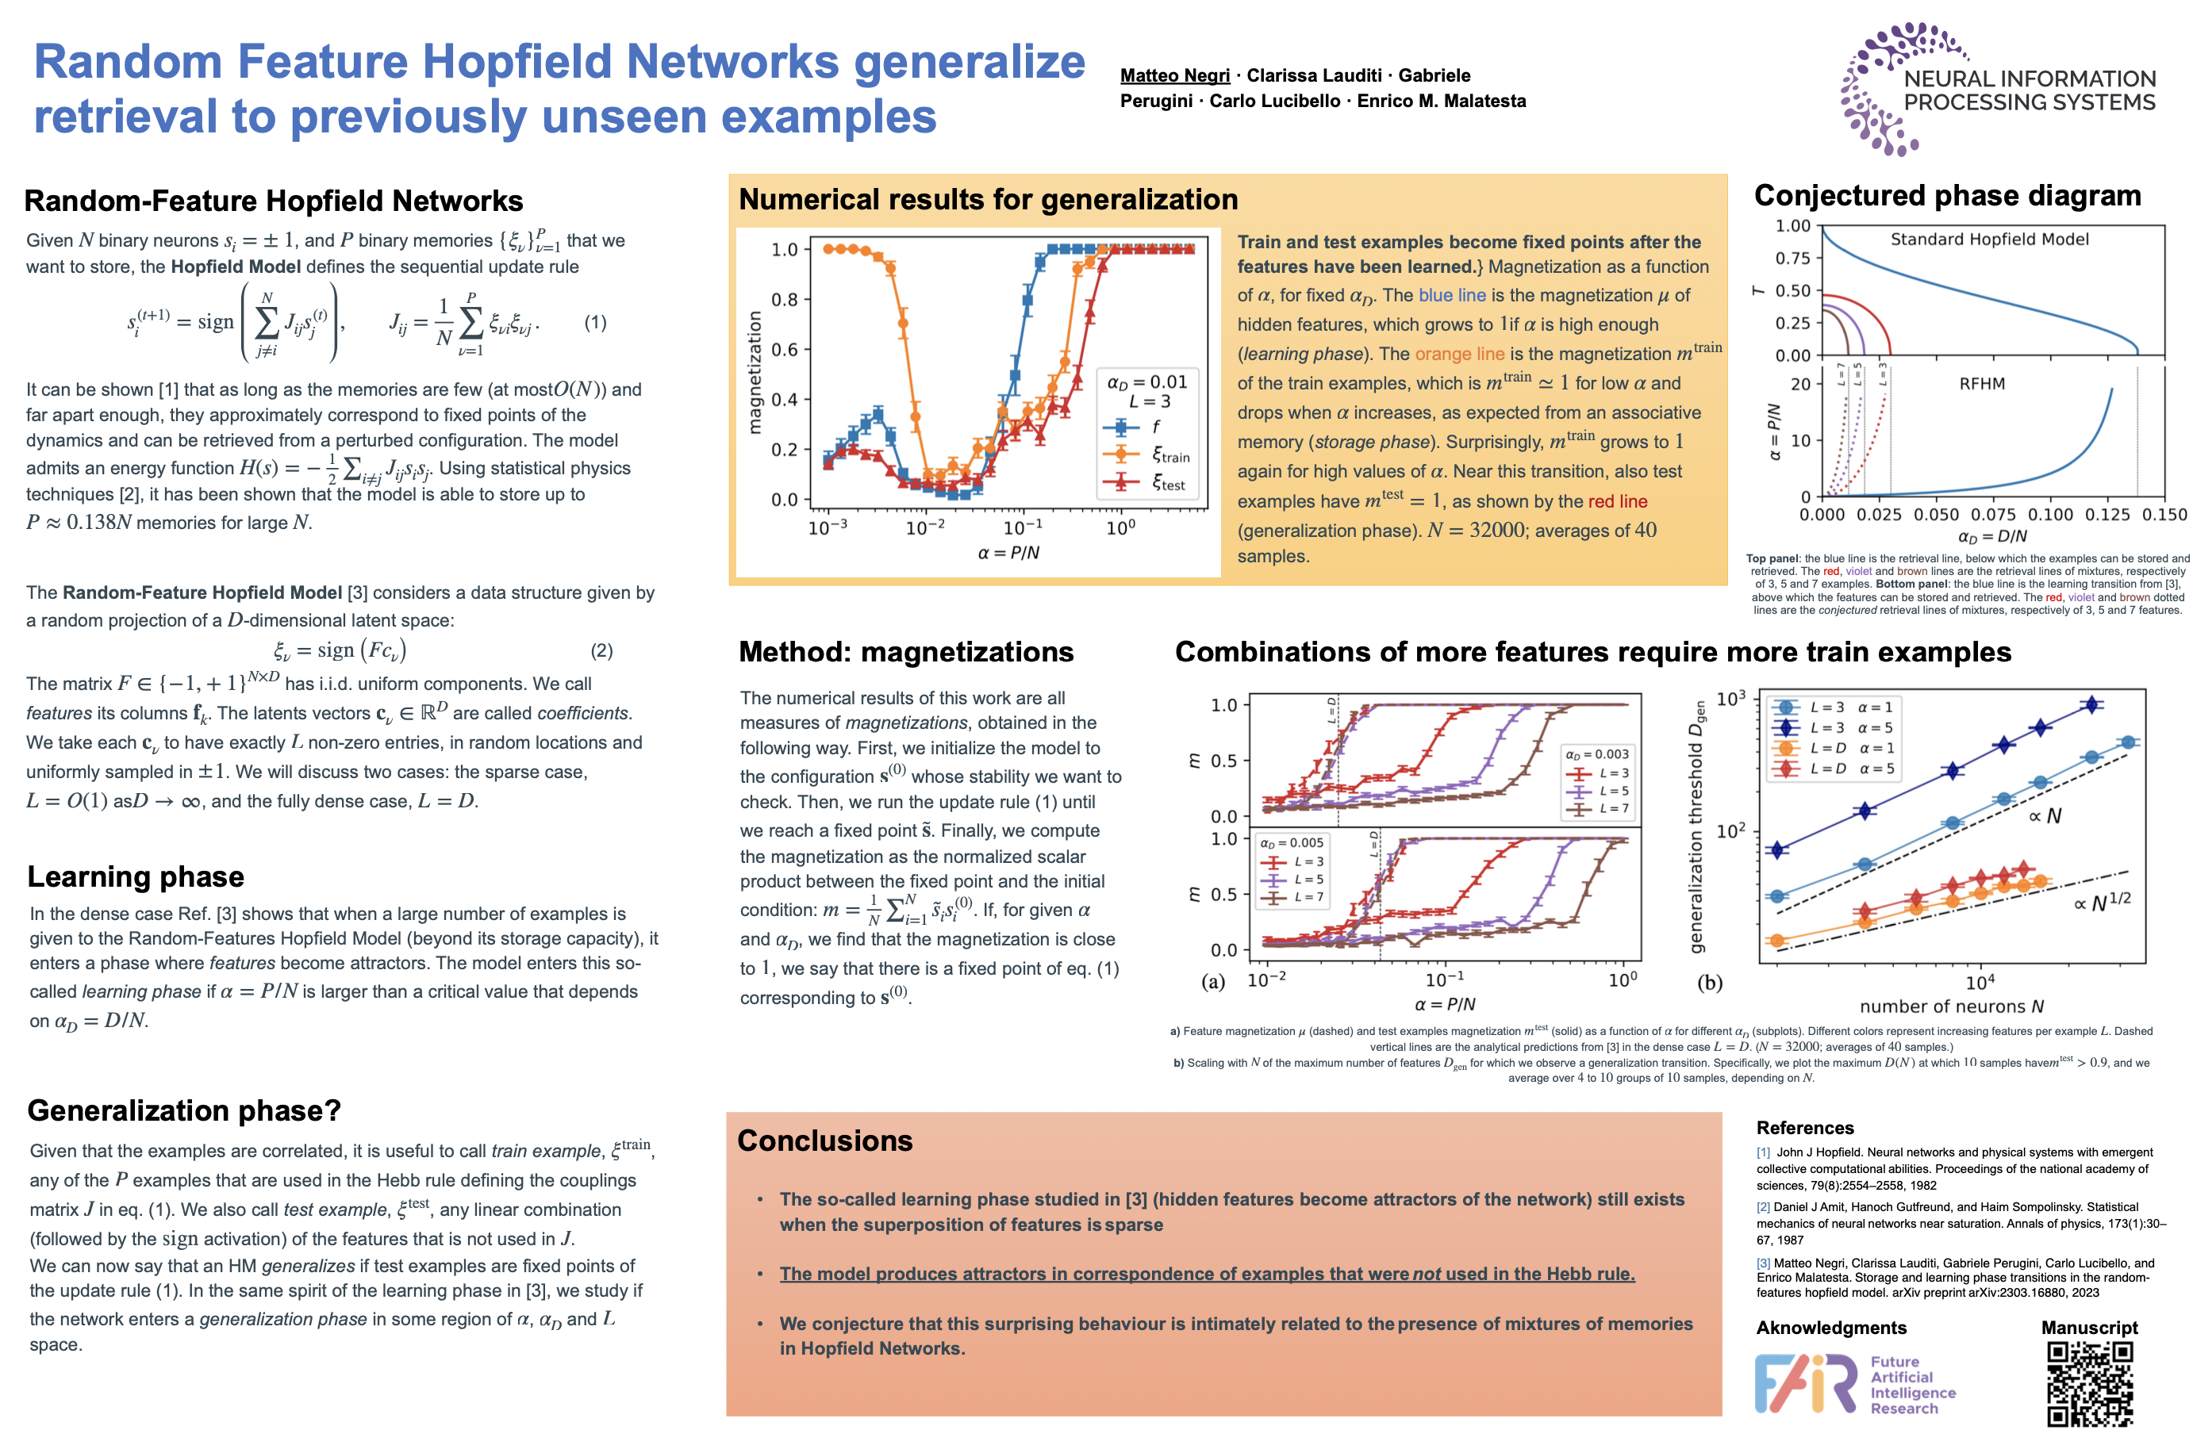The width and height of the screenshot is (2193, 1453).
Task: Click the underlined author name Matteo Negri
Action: (x=1174, y=76)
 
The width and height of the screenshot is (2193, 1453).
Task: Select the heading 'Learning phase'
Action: (x=136, y=876)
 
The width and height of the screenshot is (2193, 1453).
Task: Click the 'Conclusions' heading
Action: (x=824, y=1141)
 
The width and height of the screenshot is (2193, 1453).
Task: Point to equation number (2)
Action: (x=601, y=650)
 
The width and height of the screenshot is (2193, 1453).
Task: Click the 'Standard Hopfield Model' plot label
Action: (x=1989, y=239)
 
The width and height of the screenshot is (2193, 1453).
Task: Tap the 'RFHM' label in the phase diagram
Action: (x=1982, y=384)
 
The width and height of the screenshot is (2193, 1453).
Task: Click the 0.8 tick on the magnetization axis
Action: (x=784, y=299)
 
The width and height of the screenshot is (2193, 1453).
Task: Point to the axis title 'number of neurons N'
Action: (x=1951, y=1006)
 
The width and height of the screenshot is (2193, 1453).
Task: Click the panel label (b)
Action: (x=1709, y=982)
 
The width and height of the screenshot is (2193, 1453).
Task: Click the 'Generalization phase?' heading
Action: (x=183, y=1110)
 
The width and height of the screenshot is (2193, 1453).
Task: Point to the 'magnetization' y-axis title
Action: (x=755, y=373)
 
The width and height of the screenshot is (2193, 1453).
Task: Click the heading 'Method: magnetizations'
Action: (x=905, y=653)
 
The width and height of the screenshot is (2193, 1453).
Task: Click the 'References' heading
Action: (x=1805, y=1128)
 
